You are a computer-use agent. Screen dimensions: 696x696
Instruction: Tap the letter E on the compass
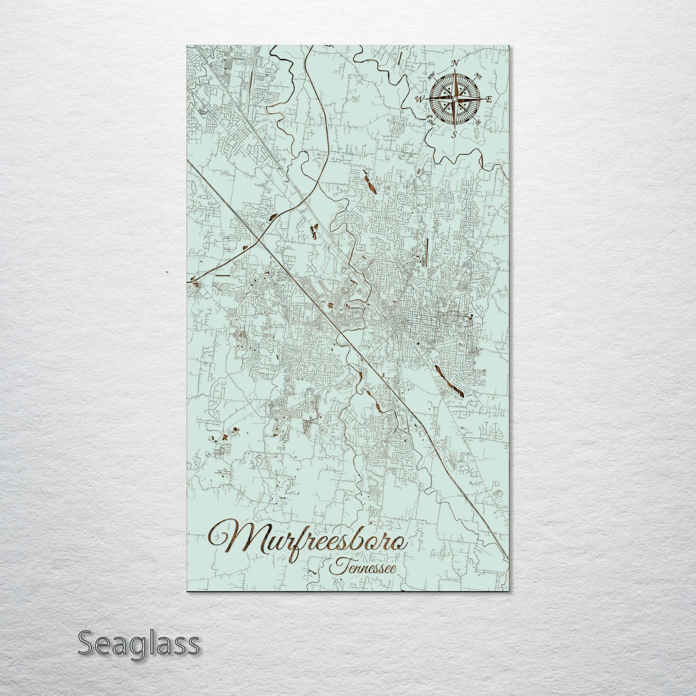[x=488, y=100]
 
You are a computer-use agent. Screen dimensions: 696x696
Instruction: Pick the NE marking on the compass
[x=478, y=76]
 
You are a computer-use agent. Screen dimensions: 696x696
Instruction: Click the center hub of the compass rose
[x=454, y=99]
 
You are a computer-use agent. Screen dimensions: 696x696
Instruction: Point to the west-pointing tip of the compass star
[x=427, y=99]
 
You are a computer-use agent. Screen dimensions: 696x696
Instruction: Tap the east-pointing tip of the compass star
[x=481, y=99]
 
